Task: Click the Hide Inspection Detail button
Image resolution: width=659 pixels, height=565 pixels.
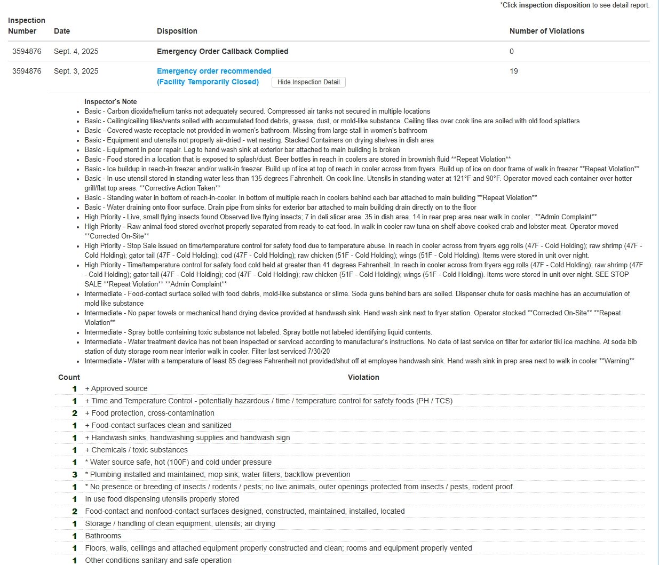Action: coord(308,82)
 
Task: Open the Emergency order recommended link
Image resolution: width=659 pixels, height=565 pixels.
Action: coord(214,71)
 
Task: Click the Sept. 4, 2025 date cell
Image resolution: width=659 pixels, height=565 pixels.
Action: coord(76,52)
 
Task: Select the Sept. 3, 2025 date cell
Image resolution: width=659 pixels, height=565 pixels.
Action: coord(76,71)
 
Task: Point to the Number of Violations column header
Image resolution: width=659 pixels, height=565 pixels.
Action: coord(546,31)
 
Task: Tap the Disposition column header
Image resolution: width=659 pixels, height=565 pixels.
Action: coord(177,31)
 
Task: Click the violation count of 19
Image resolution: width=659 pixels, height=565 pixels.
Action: coord(514,71)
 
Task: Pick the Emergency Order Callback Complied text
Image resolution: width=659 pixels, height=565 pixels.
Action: coord(223,52)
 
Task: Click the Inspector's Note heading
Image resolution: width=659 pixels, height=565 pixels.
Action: coord(110,102)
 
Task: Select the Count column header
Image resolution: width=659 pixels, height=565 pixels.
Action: coord(69,377)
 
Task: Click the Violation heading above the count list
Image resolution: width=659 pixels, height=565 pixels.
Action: coord(363,377)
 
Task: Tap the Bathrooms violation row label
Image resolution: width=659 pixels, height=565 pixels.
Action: coord(103,536)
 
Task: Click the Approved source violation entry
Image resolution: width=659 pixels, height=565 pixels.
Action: coord(116,389)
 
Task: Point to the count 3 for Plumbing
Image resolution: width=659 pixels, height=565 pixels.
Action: coord(75,474)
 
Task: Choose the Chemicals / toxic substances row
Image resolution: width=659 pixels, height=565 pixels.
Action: coord(136,450)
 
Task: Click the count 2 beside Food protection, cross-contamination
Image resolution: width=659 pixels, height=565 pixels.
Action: coord(75,413)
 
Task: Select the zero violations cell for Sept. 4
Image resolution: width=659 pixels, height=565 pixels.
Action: coord(512,52)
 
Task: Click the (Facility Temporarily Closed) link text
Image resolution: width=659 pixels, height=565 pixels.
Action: coord(208,82)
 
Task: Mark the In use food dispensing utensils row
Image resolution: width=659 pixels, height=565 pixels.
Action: coord(162,499)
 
